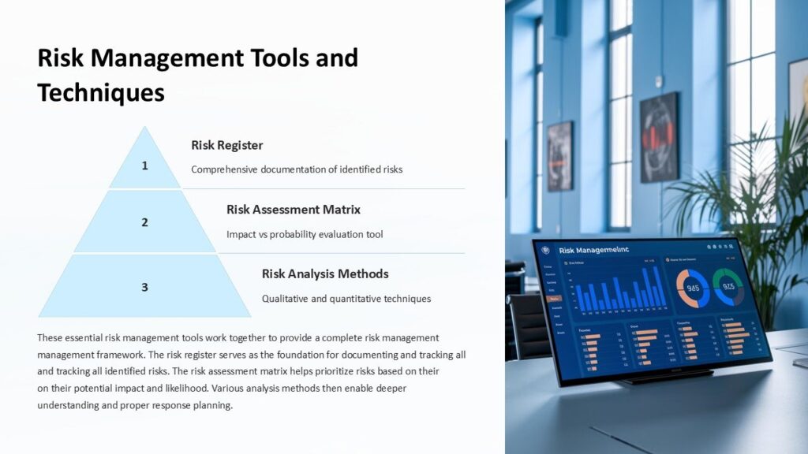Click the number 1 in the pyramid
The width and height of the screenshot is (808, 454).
click(x=144, y=166)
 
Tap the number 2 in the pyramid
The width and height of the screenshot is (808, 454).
click(x=144, y=222)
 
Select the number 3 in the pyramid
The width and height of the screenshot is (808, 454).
click(x=144, y=287)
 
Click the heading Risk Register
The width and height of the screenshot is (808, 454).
click(x=227, y=145)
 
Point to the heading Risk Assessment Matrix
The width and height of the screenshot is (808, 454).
click(x=294, y=210)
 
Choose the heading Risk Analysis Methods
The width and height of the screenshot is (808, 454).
click(x=325, y=274)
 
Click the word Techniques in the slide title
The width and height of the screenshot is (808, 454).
click(x=101, y=93)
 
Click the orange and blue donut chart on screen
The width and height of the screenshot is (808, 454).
click(x=693, y=287)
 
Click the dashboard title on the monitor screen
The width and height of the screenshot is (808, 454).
click(x=593, y=250)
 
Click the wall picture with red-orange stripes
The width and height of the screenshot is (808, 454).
click(x=659, y=137)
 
